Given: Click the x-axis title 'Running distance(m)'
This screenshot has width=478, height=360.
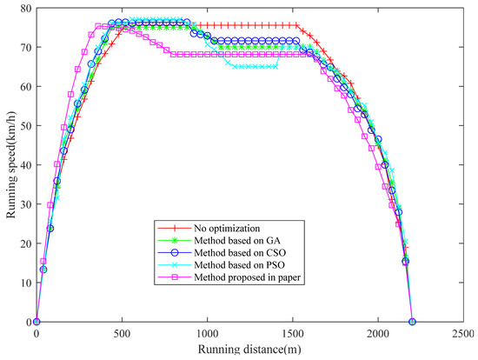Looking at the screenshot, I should (x=249, y=350).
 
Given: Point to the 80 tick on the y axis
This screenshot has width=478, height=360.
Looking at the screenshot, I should (x=24, y=9).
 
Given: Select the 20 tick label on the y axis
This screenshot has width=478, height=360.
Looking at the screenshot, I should (x=24, y=243).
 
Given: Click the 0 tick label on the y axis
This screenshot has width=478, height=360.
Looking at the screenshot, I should (x=28, y=322).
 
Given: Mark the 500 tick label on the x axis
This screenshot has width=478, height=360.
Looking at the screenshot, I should (x=122, y=334).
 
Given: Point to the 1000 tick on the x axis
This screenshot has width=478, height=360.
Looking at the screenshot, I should (x=208, y=334).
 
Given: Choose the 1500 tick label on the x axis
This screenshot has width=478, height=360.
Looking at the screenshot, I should (x=293, y=334).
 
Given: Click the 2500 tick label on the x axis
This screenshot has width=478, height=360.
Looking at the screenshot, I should (x=463, y=334).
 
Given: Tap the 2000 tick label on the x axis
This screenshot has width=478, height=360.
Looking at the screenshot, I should (x=378, y=334).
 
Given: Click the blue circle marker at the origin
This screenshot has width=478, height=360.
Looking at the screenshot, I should (x=37, y=322).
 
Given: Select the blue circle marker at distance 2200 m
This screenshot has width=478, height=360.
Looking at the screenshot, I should (x=412, y=322).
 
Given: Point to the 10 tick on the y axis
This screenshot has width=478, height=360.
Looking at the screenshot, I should (x=24, y=283).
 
